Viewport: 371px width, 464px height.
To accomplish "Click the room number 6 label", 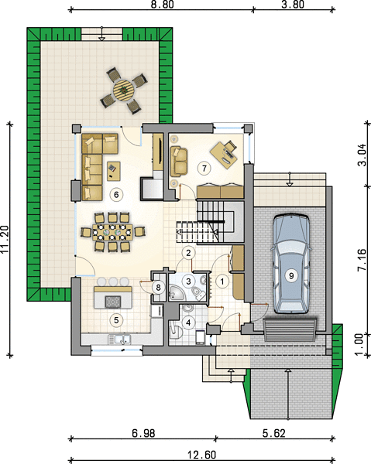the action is click(116, 194).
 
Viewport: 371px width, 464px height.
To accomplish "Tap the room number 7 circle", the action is click(204, 169).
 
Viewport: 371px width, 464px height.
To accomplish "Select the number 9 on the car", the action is click(291, 275).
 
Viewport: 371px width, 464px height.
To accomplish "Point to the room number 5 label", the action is click(116, 320).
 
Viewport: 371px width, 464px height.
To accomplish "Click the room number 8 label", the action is click(158, 287).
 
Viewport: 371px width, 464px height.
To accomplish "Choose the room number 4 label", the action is click(188, 322).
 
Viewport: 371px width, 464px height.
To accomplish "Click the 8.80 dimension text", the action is click(162, 4).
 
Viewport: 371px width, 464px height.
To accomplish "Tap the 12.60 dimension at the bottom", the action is click(202, 454).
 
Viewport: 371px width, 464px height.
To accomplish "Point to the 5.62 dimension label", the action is click(274, 433).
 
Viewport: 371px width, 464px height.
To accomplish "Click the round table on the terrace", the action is click(124, 90).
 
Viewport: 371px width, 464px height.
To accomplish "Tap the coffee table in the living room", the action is click(114, 171).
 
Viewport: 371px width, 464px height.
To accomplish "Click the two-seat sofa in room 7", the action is click(179, 160).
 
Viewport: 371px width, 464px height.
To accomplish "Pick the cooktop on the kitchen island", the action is click(113, 302).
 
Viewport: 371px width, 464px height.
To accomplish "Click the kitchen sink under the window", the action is click(119, 339).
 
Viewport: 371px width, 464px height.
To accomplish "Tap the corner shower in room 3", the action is click(177, 292).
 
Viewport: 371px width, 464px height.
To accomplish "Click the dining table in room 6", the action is click(112, 232).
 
